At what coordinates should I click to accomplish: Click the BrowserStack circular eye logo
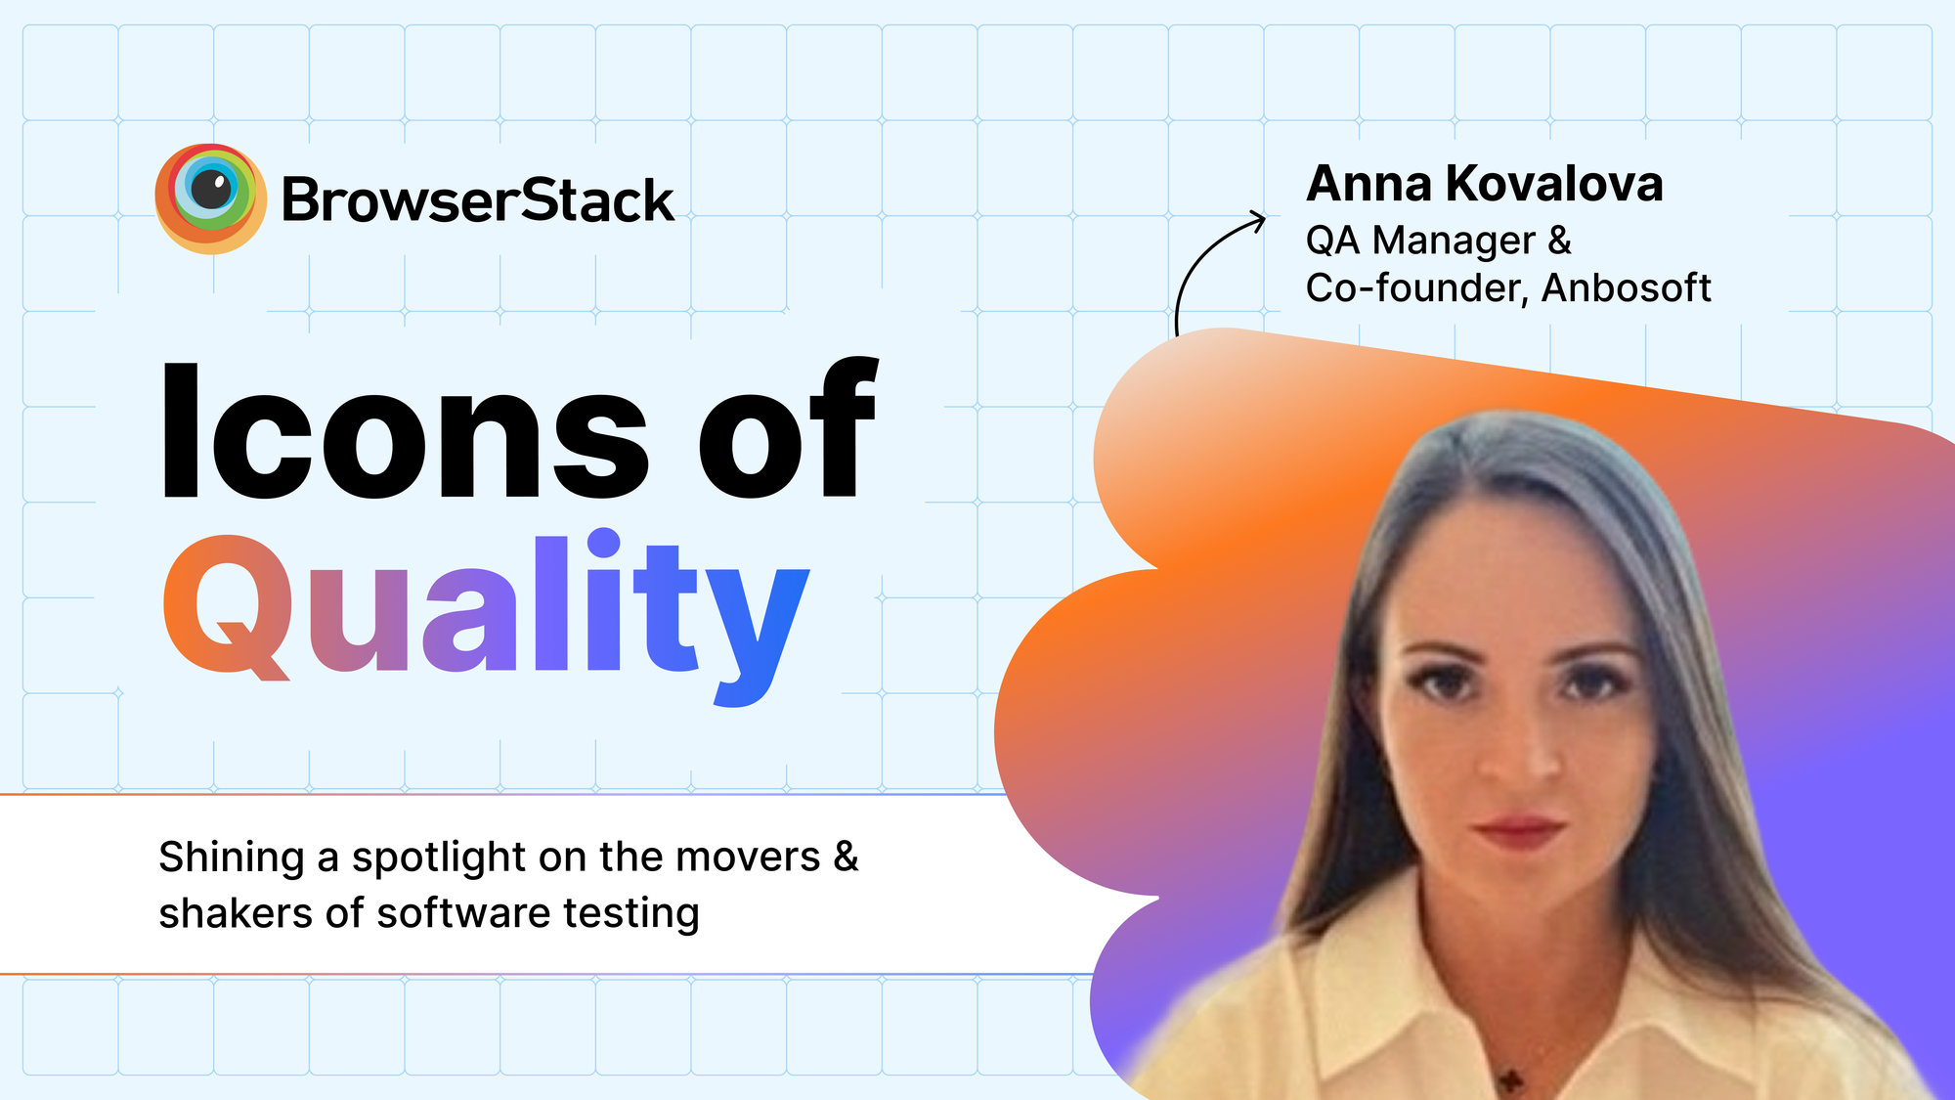210,198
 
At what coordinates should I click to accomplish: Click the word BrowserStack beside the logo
477,201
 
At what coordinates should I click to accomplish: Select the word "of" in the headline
788,431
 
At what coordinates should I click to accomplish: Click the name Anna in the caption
1368,184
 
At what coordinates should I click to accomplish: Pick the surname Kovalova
1554,184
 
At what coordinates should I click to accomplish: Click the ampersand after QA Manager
1560,241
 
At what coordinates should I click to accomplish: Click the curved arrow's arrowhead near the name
1257,219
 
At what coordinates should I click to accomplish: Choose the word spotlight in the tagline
439,858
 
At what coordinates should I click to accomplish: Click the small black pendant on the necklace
1511,1079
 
